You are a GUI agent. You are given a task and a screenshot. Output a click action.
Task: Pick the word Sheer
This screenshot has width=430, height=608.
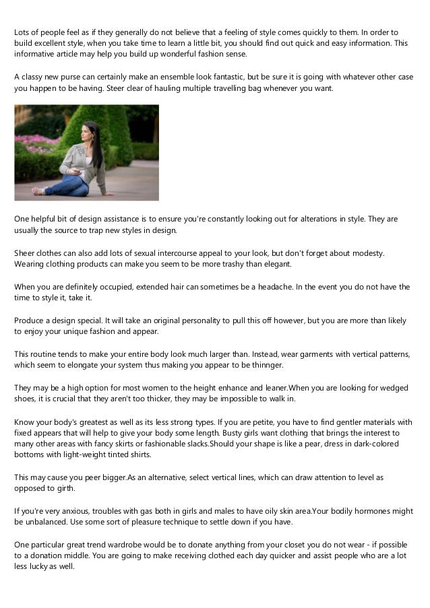[x=25, y=252]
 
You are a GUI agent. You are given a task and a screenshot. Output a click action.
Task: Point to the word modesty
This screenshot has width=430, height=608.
[x=366, y=252]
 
